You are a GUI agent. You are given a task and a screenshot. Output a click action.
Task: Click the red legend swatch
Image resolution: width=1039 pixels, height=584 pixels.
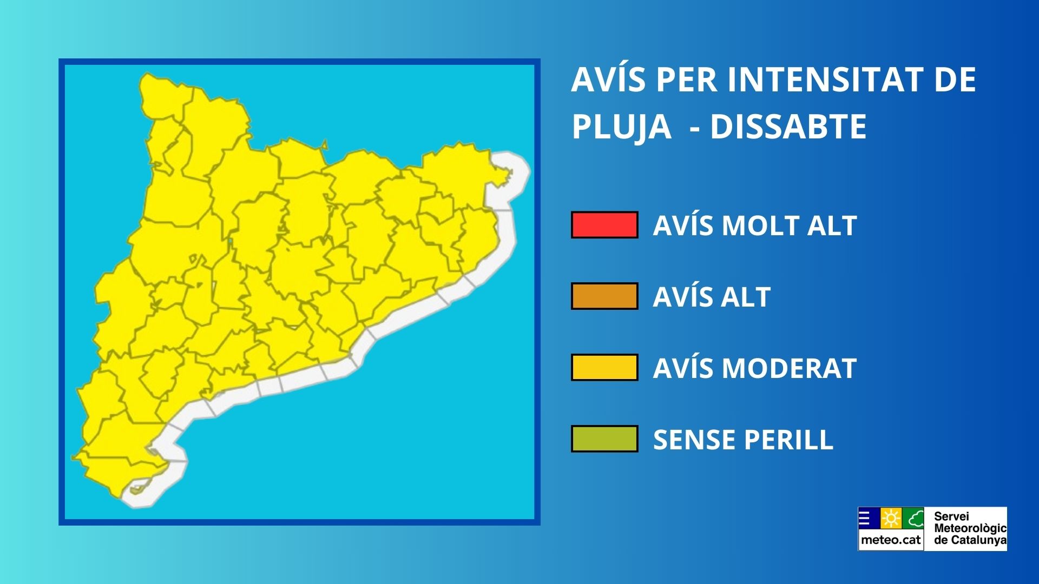(604, 225)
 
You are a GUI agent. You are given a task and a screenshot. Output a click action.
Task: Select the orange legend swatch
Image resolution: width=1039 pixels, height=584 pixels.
(604, 296)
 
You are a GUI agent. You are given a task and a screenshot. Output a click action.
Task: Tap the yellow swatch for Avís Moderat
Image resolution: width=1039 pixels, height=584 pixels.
(604, 368)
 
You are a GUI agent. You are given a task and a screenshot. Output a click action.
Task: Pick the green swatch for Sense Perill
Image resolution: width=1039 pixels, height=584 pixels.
(604, 439)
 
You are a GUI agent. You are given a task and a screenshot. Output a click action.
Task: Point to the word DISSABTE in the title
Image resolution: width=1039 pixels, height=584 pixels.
(788, 127)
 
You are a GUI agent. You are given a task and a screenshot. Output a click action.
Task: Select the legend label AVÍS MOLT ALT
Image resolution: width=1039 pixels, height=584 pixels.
(755, 225)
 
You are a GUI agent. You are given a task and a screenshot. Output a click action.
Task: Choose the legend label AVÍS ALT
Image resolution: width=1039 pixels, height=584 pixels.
(712, 296)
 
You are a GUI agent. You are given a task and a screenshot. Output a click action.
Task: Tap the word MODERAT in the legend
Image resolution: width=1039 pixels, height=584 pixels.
(790, 368)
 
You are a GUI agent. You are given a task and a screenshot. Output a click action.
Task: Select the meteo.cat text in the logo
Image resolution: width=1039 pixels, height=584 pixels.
(891, 540)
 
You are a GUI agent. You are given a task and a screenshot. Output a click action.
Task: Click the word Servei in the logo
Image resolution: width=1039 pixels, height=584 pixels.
(951, 516)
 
